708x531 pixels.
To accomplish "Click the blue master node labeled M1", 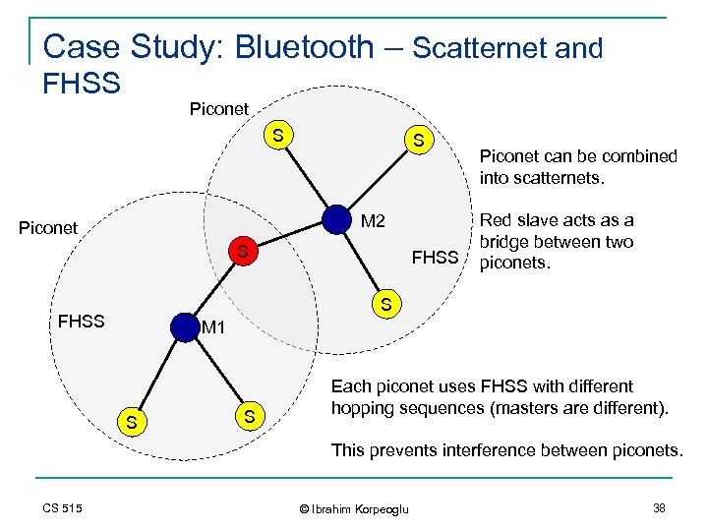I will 184,326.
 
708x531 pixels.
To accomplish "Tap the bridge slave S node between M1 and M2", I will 241,254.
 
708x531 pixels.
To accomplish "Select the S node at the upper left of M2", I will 279,135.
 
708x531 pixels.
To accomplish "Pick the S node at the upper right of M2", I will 419,141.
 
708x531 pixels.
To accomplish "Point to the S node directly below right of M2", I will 385,305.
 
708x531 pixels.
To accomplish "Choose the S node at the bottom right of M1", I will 250,417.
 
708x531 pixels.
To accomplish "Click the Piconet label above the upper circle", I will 218,109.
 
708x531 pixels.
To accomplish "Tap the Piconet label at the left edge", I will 48,228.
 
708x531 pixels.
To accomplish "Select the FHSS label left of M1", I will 82,321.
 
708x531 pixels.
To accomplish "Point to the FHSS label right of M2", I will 436,259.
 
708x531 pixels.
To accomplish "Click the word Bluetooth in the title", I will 305,46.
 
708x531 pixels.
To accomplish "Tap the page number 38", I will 658,507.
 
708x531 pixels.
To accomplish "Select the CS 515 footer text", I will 62,508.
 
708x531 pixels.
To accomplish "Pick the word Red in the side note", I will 497,220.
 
